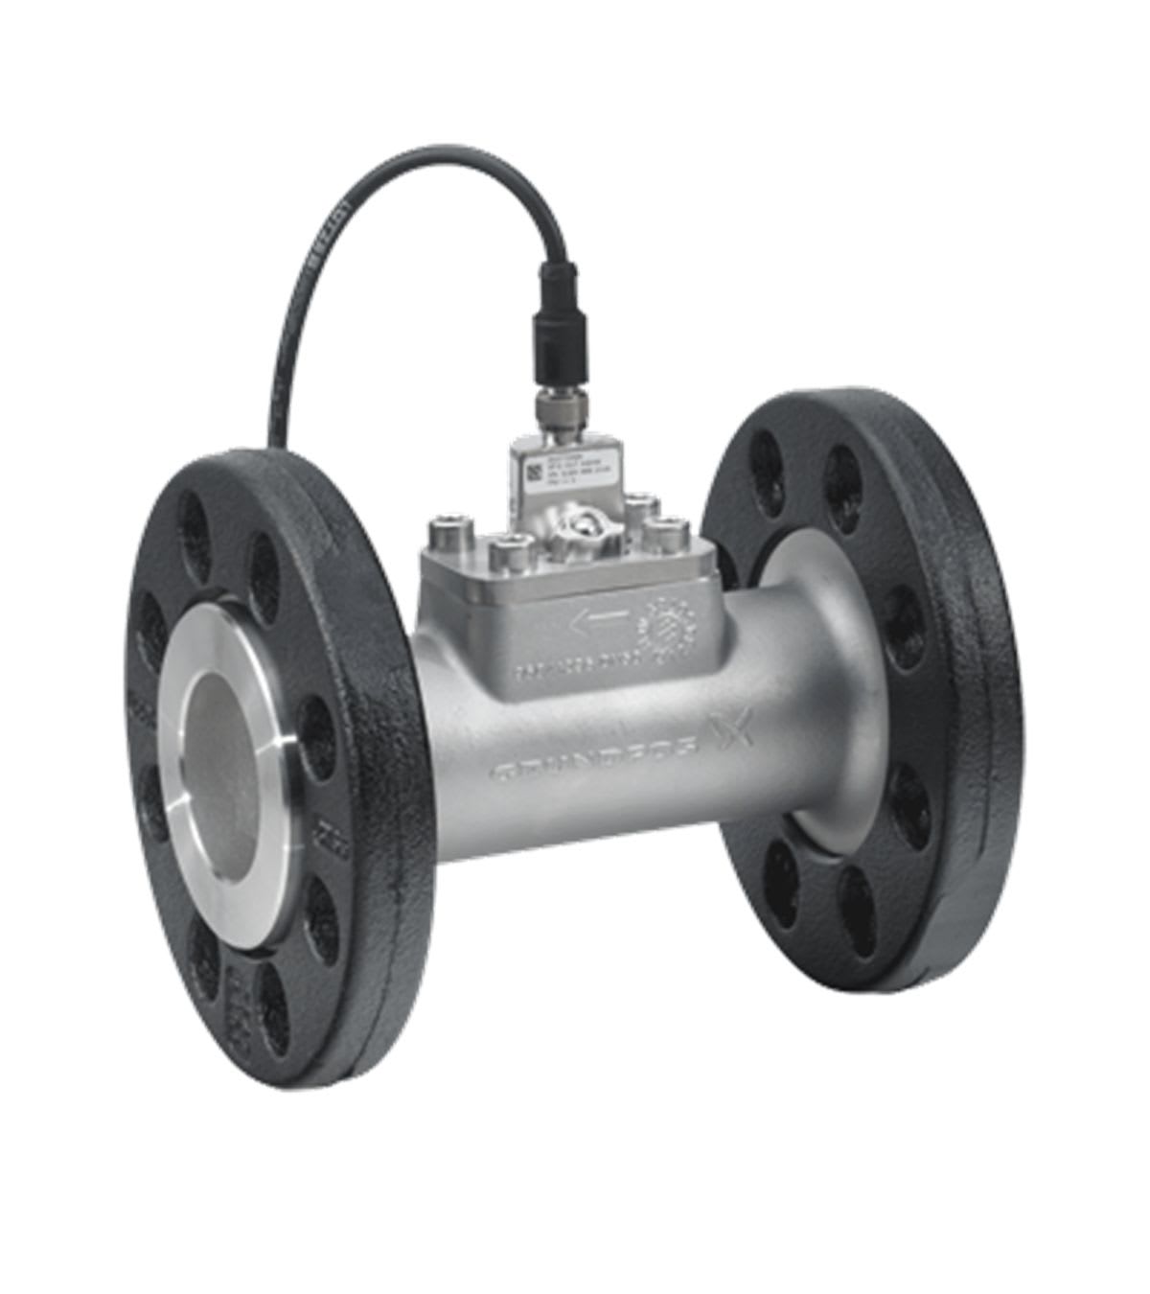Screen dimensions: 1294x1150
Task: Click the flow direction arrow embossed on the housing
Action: pyautogui.click(x=599, y=624)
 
